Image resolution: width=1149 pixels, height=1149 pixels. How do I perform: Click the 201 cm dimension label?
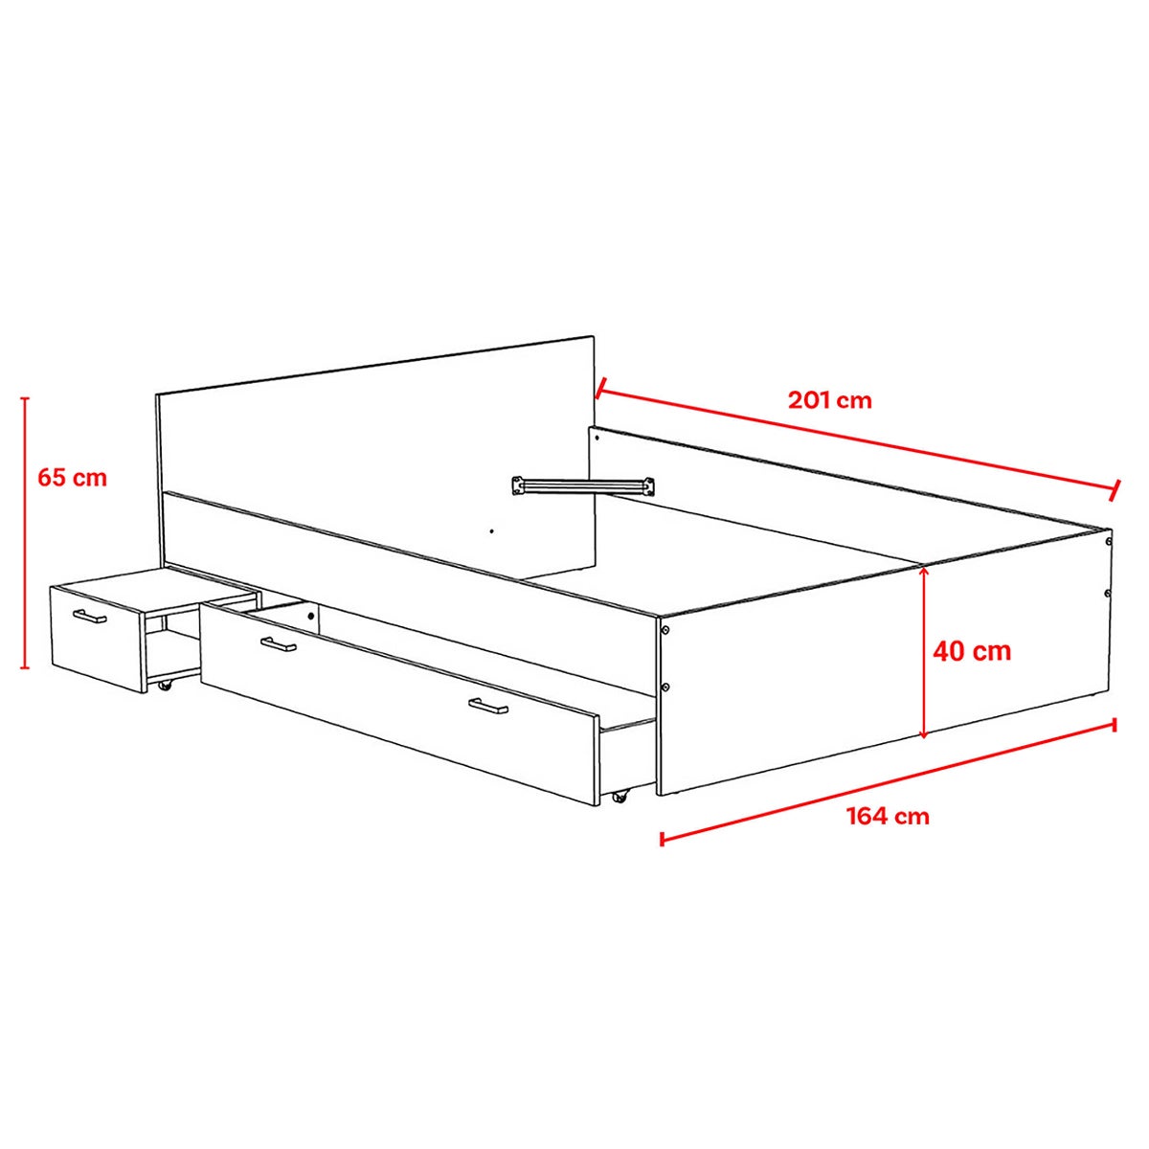(x=829, y=400)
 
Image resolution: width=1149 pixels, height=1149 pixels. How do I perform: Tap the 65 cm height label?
(x=72, y=478)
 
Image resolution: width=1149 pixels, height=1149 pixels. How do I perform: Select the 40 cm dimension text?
(x=972, y=650)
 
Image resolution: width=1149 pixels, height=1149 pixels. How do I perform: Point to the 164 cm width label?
(x=889, y=816)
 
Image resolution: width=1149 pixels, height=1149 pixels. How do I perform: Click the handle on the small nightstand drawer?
(x=89, y=616)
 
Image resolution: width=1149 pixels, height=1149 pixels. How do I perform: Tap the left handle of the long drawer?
(x=279, y=644)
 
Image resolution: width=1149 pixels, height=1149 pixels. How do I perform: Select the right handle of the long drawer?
(x=487, y=706)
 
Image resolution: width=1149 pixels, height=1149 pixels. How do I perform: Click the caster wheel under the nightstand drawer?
(x=164, y=686)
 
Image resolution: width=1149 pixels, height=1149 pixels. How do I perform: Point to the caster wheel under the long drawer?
(x=621, y=796)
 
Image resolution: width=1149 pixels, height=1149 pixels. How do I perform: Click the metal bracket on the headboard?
(x=582, y=484)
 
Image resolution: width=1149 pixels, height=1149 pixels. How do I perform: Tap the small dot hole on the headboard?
(x=491, y=530)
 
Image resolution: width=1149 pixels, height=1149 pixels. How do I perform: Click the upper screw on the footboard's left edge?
(x=665, y=630)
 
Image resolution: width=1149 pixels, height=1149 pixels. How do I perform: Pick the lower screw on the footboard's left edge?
(x=665, y=687)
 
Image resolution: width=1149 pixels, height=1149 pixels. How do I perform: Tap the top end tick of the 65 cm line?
(x=25, y=397)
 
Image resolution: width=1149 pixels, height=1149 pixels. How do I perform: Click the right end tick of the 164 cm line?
(x=1114, y=725)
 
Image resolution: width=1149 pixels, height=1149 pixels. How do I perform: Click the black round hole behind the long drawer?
(x=310, y=617)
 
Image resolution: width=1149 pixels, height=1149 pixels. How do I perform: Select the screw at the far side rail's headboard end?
(x=597, y=438)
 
